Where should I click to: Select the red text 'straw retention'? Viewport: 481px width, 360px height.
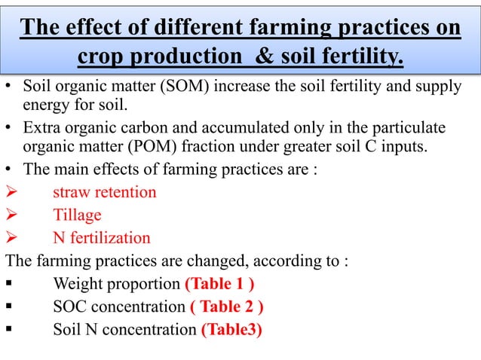coord(105,192)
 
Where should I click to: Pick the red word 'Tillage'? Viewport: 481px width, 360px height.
coord(77,215)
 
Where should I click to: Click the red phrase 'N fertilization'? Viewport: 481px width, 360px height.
coord(102,238)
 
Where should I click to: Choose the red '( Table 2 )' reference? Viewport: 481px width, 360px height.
coord(226,307)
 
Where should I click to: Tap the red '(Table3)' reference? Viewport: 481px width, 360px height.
coord(231,330)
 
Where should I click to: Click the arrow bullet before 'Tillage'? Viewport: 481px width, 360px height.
coord(11,215)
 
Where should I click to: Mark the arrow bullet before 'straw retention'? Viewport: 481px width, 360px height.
coord(11,193)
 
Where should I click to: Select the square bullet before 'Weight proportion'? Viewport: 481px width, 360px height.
coord(8,285)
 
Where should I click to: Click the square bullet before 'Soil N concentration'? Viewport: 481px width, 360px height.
coord(8,331)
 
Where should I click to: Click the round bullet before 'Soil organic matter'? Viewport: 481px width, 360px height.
coord(9,87)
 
